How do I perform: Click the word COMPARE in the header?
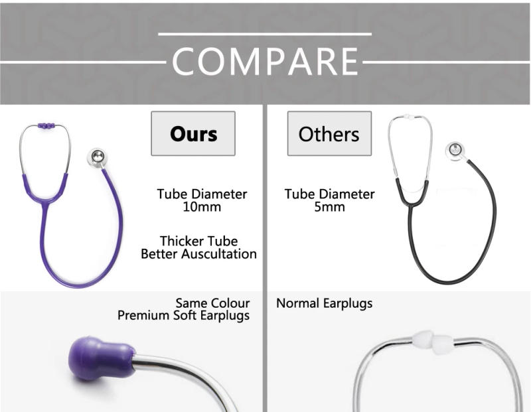point(265,62)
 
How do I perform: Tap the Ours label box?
point(193,133)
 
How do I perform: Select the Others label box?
point(329,134)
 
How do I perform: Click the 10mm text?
point(202,207)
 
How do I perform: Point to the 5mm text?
point(329,207)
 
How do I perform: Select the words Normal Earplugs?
point(324,304)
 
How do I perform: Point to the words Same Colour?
point(212,304)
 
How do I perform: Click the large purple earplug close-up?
point(100,358)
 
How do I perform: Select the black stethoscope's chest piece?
point(455,151)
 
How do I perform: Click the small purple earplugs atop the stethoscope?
point(46,125)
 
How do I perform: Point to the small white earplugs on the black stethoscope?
point(410,117)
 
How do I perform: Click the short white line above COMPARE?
point(265,34)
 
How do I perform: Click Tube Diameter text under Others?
point(329,194)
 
